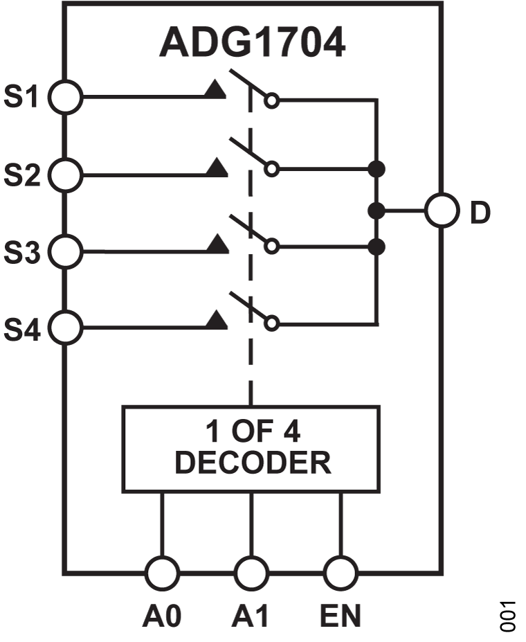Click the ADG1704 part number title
(252, 43)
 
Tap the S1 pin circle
(66, 98)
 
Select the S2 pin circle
(66, 175)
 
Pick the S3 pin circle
(66, 252)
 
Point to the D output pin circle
(442, 211)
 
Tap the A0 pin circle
(162, 573)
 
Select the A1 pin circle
(251, 573)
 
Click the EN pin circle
(341, 573)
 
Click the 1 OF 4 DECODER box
(251, 449)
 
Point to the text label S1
(22, 98)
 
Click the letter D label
(480, 213)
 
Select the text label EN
(341, 616)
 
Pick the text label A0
(162, 616)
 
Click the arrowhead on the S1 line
(217, 90)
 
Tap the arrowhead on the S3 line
(217, 244)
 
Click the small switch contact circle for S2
(273, 169)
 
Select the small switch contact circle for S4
(273, 323)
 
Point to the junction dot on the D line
(376, 211)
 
